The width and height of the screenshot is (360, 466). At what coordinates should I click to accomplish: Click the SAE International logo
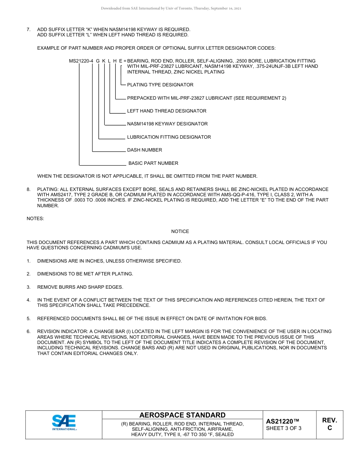[64, 422]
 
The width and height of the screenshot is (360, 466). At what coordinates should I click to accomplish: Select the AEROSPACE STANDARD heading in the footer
[182, 415]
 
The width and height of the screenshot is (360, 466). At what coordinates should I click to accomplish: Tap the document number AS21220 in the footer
[282, 421]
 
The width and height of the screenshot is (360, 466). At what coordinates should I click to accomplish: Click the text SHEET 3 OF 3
[283, 428]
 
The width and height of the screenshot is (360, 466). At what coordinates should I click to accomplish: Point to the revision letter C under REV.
[329, 428]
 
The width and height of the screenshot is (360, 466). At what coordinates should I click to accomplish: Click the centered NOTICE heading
[180, 231]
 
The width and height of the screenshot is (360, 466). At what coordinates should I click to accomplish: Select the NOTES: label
[35, 219]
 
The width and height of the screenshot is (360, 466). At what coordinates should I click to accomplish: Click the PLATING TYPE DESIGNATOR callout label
[160, 85]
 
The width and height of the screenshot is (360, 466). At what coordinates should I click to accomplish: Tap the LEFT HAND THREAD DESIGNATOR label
[167, 111]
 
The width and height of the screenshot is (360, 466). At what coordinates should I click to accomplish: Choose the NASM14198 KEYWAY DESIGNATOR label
[167, 124]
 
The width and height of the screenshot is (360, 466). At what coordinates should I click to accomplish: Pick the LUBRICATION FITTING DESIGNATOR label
[169, 137]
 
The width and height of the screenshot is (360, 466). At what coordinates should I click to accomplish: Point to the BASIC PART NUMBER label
[153, 163]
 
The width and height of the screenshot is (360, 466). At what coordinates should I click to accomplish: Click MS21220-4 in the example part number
[81, 61]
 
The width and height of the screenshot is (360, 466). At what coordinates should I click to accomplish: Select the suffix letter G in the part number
[98, 61]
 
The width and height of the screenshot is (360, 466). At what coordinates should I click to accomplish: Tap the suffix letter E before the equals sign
[121, 61]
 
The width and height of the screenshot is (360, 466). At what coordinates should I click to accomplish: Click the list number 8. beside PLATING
[28, 189]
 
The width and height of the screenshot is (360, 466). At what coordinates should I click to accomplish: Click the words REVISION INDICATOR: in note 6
[59, 332]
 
